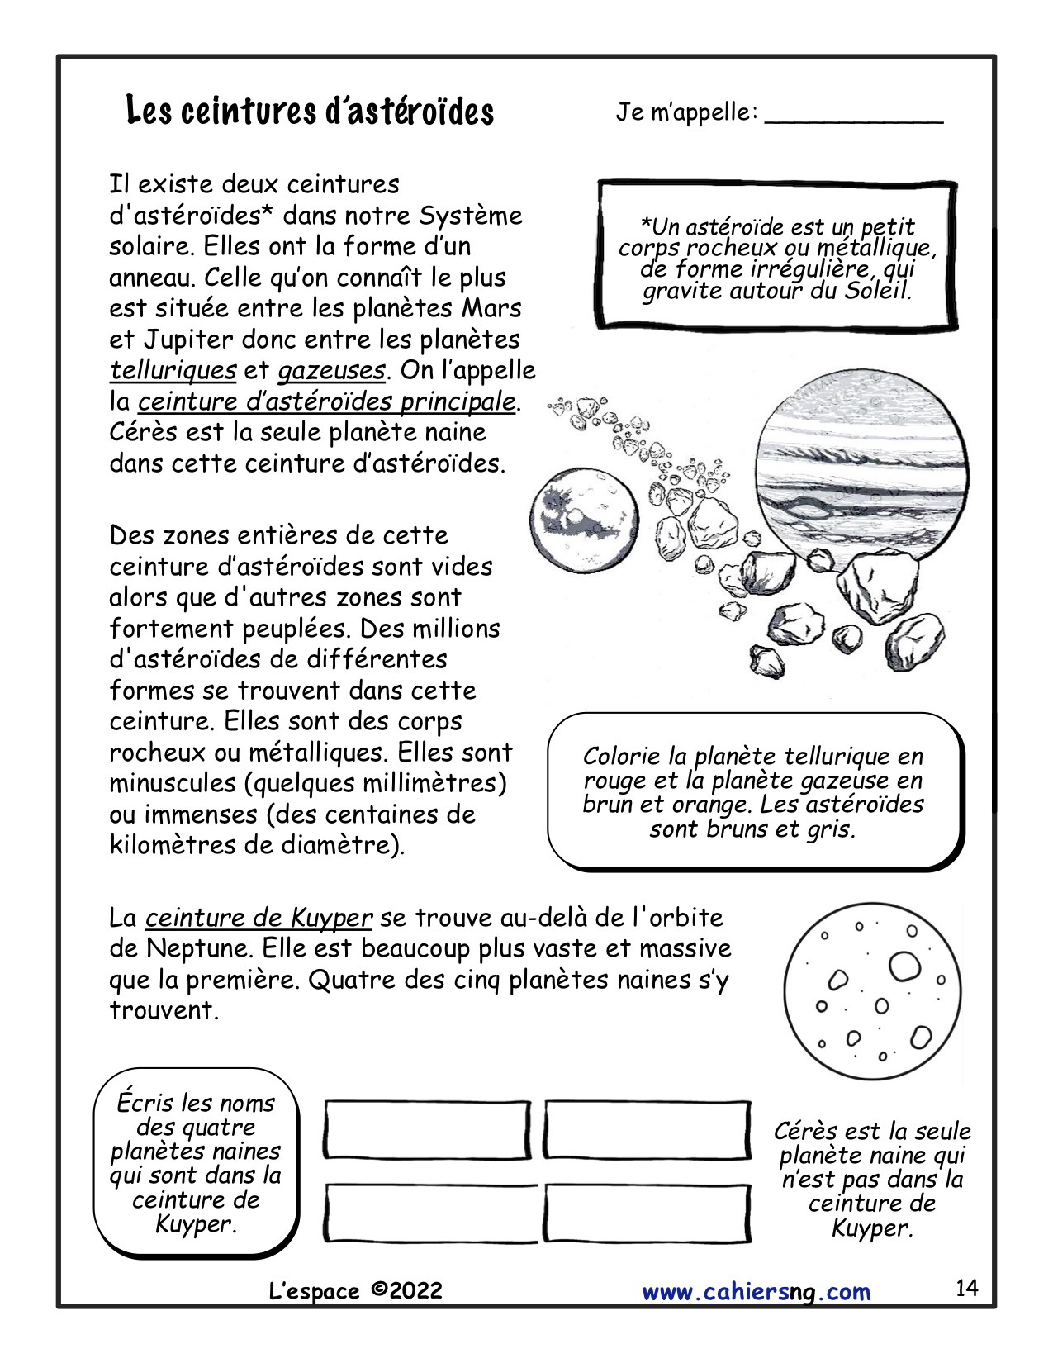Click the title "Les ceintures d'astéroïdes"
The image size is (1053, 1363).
point(310,112)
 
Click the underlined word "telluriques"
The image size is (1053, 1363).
point(173,370)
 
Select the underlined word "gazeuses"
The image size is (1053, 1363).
point(331,370)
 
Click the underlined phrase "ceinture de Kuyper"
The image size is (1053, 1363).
point(259,918)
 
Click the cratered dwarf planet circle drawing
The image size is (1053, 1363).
point(873,990)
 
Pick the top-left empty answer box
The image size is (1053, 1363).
point(428,1130)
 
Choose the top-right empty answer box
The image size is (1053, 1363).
point(647,1130)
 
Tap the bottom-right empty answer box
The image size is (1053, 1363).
point(647,1213)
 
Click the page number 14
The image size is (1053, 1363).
point(966,1288)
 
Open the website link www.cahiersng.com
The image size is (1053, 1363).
point(756,1291)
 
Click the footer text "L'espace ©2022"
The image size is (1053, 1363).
point(356,1291)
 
